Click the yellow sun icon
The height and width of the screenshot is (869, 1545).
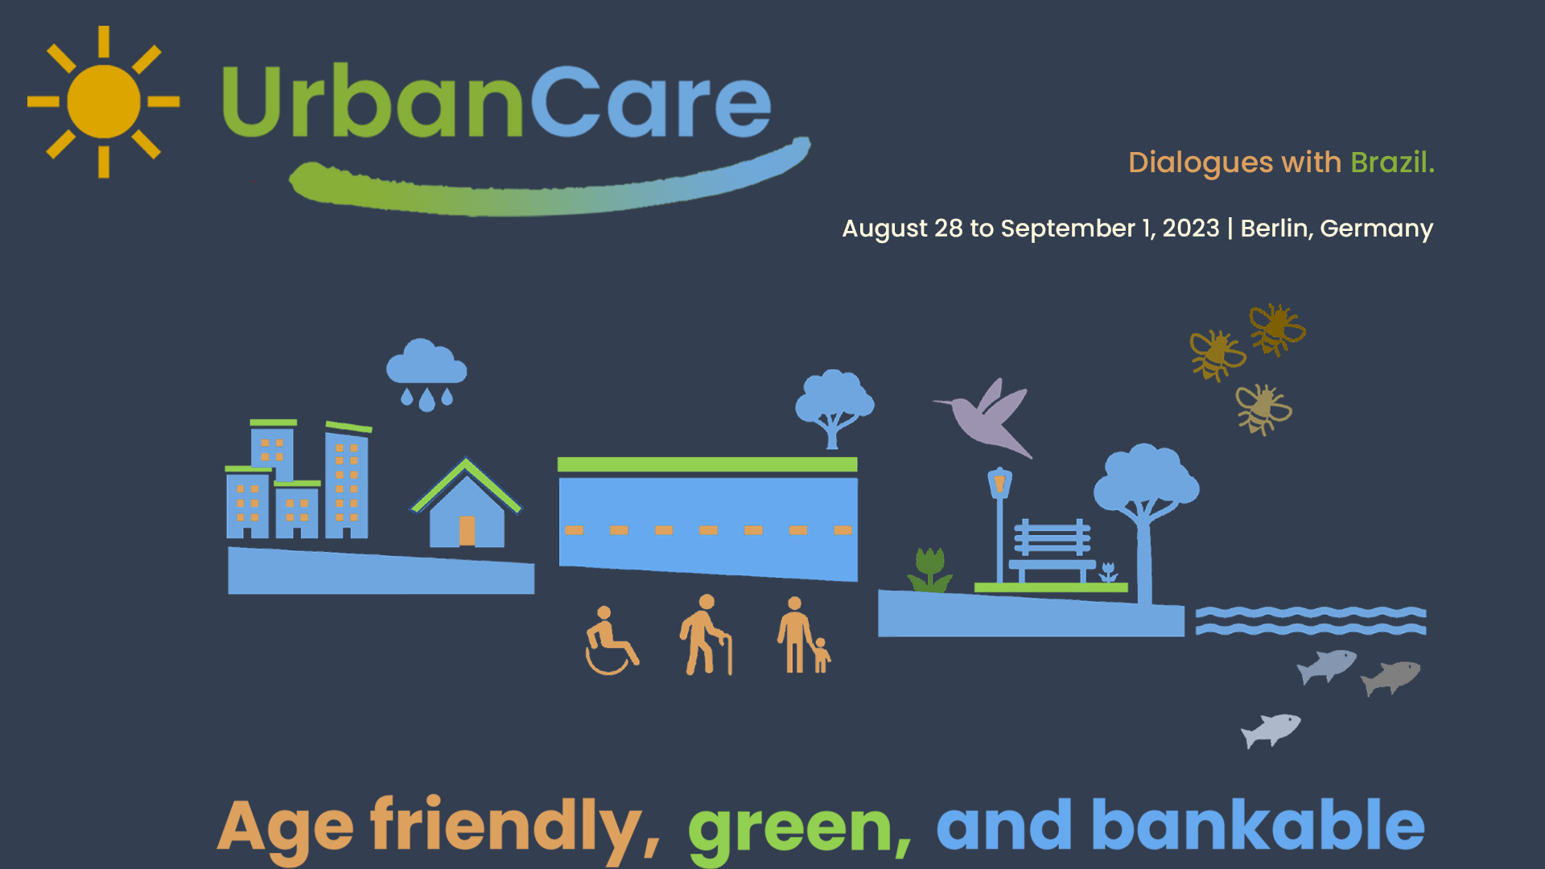pos(104,101)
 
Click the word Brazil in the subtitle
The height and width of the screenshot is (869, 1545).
pos(1392,163)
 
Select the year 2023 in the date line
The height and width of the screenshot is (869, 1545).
pos(1191,229)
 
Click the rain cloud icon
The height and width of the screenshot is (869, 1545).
pos(426,375)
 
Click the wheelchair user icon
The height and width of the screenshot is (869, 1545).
pos(610,640)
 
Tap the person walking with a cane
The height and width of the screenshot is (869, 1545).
pos(706,635)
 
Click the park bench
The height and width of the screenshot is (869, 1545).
pos(1052,550)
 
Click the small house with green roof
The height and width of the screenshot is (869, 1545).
pos(466,504)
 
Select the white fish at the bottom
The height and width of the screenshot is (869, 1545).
pos(1271,730)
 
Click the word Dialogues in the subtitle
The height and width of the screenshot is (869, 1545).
pos(1201,163)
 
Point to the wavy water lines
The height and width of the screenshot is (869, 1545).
pos(1311,621)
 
